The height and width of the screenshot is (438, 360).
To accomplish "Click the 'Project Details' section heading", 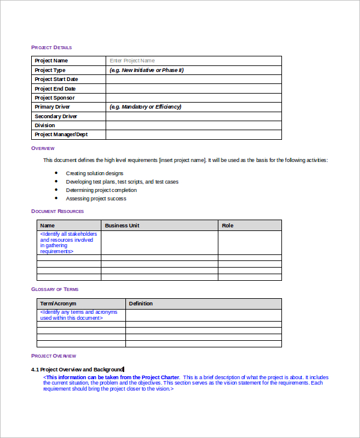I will pos(51,47).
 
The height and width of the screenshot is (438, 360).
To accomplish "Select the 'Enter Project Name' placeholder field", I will pos(132,61).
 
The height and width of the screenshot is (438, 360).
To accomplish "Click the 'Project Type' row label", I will pos(50,70).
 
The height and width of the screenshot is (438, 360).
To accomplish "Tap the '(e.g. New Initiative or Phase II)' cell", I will pos(146,70).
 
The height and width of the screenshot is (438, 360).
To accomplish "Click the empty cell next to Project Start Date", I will pos(193,79).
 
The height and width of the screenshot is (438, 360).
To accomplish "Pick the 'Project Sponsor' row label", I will pos(55,98).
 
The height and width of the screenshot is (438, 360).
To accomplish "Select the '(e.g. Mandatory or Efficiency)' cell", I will pos(145,107).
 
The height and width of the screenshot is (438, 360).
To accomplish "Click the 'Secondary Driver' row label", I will pos(56,116).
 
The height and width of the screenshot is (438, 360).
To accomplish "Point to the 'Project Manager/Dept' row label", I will pos(61,135).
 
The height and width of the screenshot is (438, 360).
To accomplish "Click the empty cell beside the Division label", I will pos(193,125).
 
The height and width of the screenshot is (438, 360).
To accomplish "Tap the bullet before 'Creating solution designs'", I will pos(56,173).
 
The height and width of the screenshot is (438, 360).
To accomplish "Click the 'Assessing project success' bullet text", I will pos(96,199).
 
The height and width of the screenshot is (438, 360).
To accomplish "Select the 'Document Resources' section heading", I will pos(57,211).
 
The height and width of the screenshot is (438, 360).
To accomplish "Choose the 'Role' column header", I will pos(227,226).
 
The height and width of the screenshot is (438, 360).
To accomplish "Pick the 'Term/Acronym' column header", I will pos(58,304).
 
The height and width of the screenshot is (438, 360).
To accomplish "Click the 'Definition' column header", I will pos(141,304).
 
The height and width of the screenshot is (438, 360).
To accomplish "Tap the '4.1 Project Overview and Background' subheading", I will pos(77,370).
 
